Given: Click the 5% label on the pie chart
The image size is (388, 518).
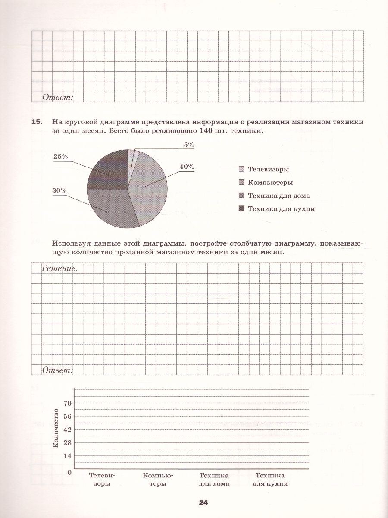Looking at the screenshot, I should (x=189, y=145).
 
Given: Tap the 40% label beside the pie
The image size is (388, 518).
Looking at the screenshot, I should (x=187, y=167).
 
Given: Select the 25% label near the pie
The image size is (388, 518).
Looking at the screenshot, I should (x=60, y=157).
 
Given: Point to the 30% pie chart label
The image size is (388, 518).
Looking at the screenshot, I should (x=60, y=190).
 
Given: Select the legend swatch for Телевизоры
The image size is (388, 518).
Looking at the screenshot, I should (x=241, y=169).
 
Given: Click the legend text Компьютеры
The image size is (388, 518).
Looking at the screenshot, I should (x=270, y=182).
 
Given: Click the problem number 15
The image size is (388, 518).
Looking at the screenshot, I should (x=37, y=122).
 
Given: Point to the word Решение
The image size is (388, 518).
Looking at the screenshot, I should (x=59, y=268).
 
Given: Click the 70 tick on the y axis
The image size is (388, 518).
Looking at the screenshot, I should (x=67, y=404).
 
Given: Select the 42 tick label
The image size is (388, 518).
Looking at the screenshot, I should (x=67, y=430).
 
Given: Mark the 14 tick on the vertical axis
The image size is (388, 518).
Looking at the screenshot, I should (x=67, y=456).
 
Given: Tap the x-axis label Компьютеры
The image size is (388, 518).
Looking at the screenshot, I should (x=158, y=480).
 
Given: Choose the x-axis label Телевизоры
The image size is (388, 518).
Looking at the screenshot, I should (x=102, y=480).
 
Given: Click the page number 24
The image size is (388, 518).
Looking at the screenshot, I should (x=203, y=503).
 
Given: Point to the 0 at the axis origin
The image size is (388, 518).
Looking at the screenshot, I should (x=69, y=472).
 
